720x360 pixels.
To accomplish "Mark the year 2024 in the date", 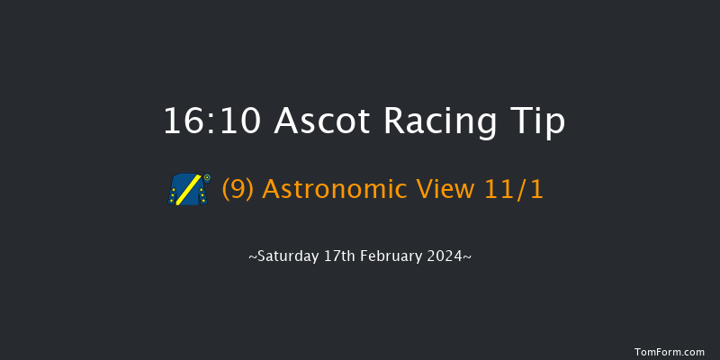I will [445, 256].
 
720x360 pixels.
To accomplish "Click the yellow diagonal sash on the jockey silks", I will [188, 190].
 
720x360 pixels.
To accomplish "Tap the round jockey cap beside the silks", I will [207, 177].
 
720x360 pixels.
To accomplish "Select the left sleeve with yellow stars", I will [174, 194].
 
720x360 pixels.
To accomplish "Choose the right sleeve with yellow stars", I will [203, 194].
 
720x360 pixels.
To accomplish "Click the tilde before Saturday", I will [252, 257].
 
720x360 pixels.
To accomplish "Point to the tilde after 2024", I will [467, 257].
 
